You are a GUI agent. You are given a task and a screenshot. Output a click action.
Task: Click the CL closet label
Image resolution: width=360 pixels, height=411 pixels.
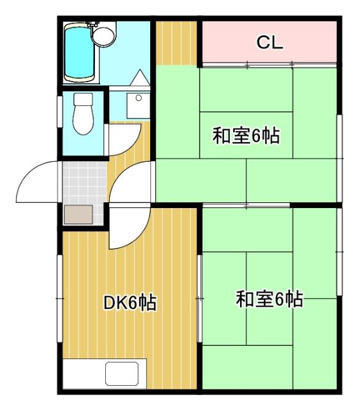pyautogui.click(x=270, y=42)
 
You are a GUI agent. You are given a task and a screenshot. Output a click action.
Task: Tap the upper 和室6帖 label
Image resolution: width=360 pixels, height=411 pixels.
pyautogui.click(x=246, y=136)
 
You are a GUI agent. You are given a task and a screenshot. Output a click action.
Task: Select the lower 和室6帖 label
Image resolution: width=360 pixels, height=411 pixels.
pyautogui.click(x=269, y=299)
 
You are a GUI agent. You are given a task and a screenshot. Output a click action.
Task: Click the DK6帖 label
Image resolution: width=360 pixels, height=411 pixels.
pyautogui.click(x=130, y=302)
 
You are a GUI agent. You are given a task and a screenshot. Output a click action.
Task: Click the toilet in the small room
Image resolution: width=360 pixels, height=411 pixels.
pyautogui.click(x=82, y=114)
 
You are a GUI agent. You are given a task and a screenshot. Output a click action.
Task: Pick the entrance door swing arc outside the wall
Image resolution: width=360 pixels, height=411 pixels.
pyautogui.click(x=37, y=183)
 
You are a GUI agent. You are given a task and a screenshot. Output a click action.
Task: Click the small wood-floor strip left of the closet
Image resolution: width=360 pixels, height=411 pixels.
pyautogui.click(x=176, y=43)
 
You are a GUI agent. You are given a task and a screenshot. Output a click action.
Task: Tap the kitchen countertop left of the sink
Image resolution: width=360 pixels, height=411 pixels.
pyautogui.click(x=83, y=374)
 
